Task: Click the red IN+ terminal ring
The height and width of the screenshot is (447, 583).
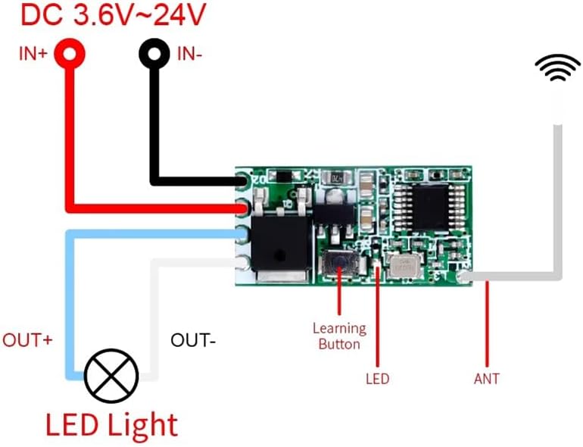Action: [69, 53]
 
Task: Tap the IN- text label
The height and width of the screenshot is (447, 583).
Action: [189, 54]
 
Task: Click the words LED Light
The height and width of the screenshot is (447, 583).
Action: [111, 424]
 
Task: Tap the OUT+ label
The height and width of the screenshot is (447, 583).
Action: [28, 340]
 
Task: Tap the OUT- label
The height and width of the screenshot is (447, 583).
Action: [193, 340]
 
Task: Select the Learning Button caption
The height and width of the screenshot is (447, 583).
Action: [339, 336]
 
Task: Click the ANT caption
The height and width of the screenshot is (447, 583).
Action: [486, 378]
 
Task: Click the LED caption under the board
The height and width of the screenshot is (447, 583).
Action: [377, 378]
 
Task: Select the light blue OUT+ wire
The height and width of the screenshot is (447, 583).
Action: [70, 303]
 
